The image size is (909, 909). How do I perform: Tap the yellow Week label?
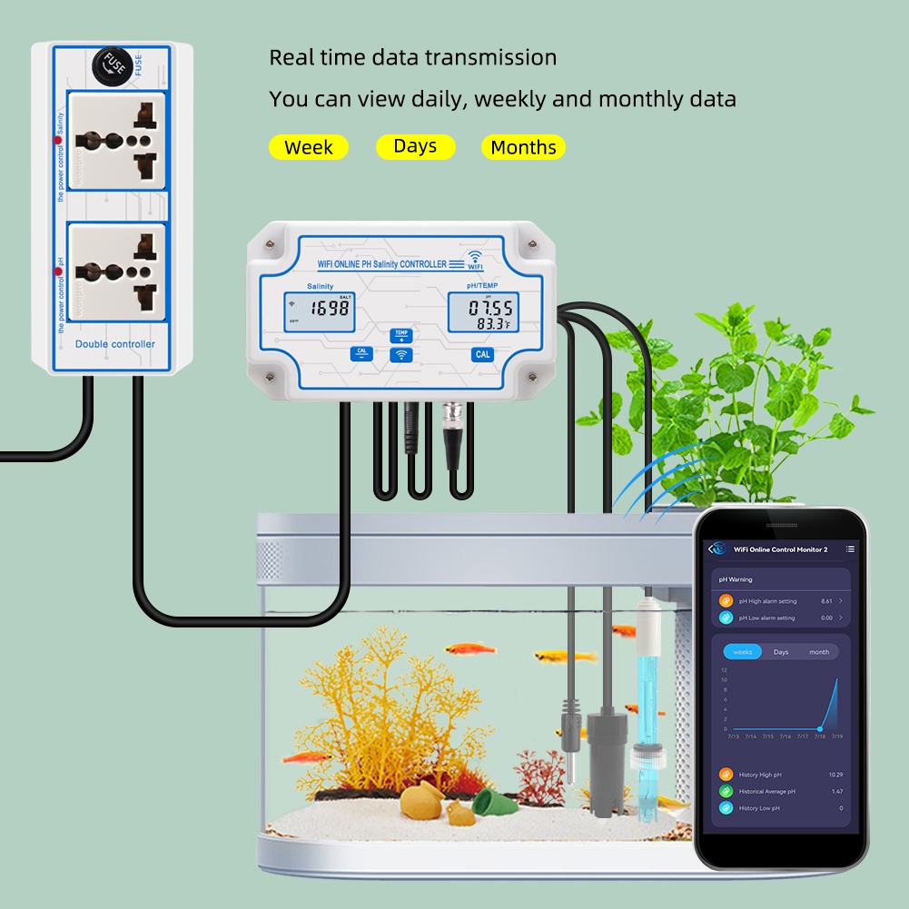coord(308,147)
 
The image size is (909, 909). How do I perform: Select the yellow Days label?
coord(415,146)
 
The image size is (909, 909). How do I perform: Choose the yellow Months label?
coord(523,147)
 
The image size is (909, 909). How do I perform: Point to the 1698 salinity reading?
coord(329,309)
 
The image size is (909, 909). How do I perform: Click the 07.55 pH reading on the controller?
coord(489,308)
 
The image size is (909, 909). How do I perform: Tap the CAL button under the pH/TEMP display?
coord(483,354)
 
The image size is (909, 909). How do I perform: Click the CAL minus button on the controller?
coord(362,353)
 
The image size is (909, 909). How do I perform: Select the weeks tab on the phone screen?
coord(743,652)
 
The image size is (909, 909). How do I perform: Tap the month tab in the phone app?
coord(819,652)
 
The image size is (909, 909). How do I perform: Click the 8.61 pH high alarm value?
coord(826,601)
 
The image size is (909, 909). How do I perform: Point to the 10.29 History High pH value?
coord(835,775)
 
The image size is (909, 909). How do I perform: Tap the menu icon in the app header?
coord(850,549)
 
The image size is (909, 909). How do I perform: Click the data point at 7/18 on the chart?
coord(819,728)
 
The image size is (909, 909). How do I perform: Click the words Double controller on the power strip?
coord(114,344)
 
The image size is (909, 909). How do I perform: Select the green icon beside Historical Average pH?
coord(726,791)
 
